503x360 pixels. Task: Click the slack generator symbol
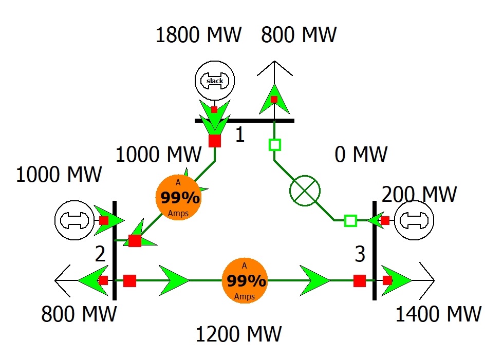[x=215, y=81]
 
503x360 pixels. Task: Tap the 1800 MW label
[x=198, y=35]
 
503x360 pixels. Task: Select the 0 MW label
[x=361, y=154]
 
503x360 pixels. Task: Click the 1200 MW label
[x=238, y=334]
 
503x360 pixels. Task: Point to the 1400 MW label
[x=438, y=313]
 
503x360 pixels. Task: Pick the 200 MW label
[x=419, y=195]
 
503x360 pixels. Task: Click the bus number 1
[x=239, y=135]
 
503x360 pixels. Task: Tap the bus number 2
[x=100, y=253]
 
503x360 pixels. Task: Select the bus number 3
[x=360, y=254]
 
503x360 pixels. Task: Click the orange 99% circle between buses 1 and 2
[x=178, y=197]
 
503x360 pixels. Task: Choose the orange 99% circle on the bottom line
[x=245, y=280]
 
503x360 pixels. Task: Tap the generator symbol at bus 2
[x=74, y=220]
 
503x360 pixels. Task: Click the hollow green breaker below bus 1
[x=275, y=145]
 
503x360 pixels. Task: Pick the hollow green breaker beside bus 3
[x=350, y=221]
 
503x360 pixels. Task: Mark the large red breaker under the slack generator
[x=215, y=141]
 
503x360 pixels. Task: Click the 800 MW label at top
[x=299, y=35]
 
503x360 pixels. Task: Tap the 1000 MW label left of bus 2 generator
[x=59, y=175]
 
